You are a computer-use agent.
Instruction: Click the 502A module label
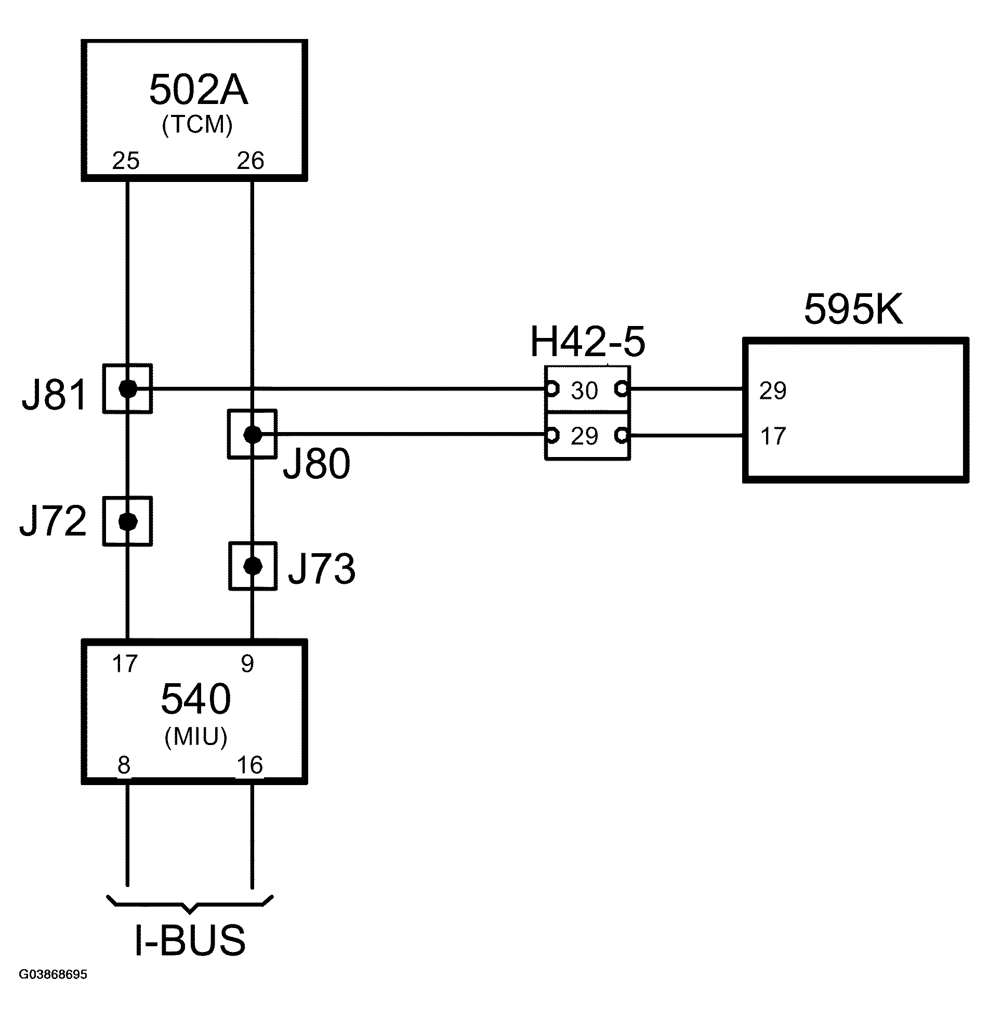[x=198, y=90]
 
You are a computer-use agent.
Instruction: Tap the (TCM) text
[x=197, y=125]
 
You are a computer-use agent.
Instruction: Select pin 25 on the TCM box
[x=126, y=161]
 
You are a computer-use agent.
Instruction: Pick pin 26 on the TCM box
[x=250, y=161]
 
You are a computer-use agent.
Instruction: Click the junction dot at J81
[x=127, y=388]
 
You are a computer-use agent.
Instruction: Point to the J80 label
[x=316, y=464]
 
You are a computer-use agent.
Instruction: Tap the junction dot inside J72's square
[x=127, y=521]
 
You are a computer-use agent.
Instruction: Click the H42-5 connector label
[x=587, y=343]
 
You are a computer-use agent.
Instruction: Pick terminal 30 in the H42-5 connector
[x=585, y=391]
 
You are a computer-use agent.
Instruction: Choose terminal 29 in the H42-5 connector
[x=585, y=436]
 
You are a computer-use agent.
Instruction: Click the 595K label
[x=853, y=310]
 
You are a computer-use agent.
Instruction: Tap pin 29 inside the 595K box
[x=772, y=391]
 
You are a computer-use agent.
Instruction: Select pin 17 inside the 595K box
[x=772, y=436]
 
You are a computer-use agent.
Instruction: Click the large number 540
[x=195, y=699]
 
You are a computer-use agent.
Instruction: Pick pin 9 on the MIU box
[x=247, y=664]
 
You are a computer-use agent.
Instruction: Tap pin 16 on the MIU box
[x=250, y=765]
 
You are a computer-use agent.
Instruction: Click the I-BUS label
[x=190, y=940]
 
